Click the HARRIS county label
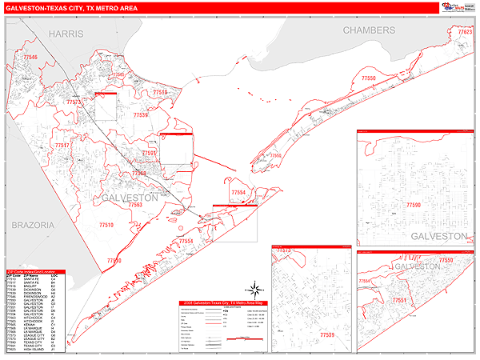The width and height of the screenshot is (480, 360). click(65, 34)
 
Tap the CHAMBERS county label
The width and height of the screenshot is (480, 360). click(369, 30)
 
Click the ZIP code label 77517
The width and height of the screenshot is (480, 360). click(62, 146)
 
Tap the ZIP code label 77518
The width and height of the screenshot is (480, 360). click(160, 93)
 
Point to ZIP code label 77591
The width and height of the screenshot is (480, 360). click(150, 153)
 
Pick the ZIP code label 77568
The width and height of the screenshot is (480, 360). click(138, 173)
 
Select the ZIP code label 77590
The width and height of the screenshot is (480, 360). click(414, 206)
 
